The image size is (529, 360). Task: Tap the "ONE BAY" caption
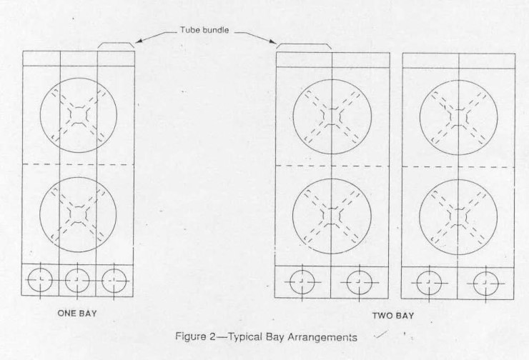pyautogui.click(x=77, y=312)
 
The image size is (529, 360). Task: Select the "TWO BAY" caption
pyautogui.click(x=392, y=315)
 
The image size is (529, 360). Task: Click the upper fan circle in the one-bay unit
pyautogui.click(x=78, y=114)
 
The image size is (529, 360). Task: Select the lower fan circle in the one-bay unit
pyautogui.click(x=78, y=212)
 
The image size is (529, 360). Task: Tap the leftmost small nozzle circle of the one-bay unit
pyautogui.click(x=41, y=281)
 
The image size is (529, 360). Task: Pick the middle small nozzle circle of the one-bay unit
pyautogui.click(x=77, y=281)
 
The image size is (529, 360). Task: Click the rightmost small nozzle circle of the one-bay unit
pyautogui.click(x=114, y=281)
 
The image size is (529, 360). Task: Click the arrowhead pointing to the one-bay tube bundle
pyautogui.click(x=138, y=41)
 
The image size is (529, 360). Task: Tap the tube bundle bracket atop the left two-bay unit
pyautogui.click(x=304, y=46)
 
